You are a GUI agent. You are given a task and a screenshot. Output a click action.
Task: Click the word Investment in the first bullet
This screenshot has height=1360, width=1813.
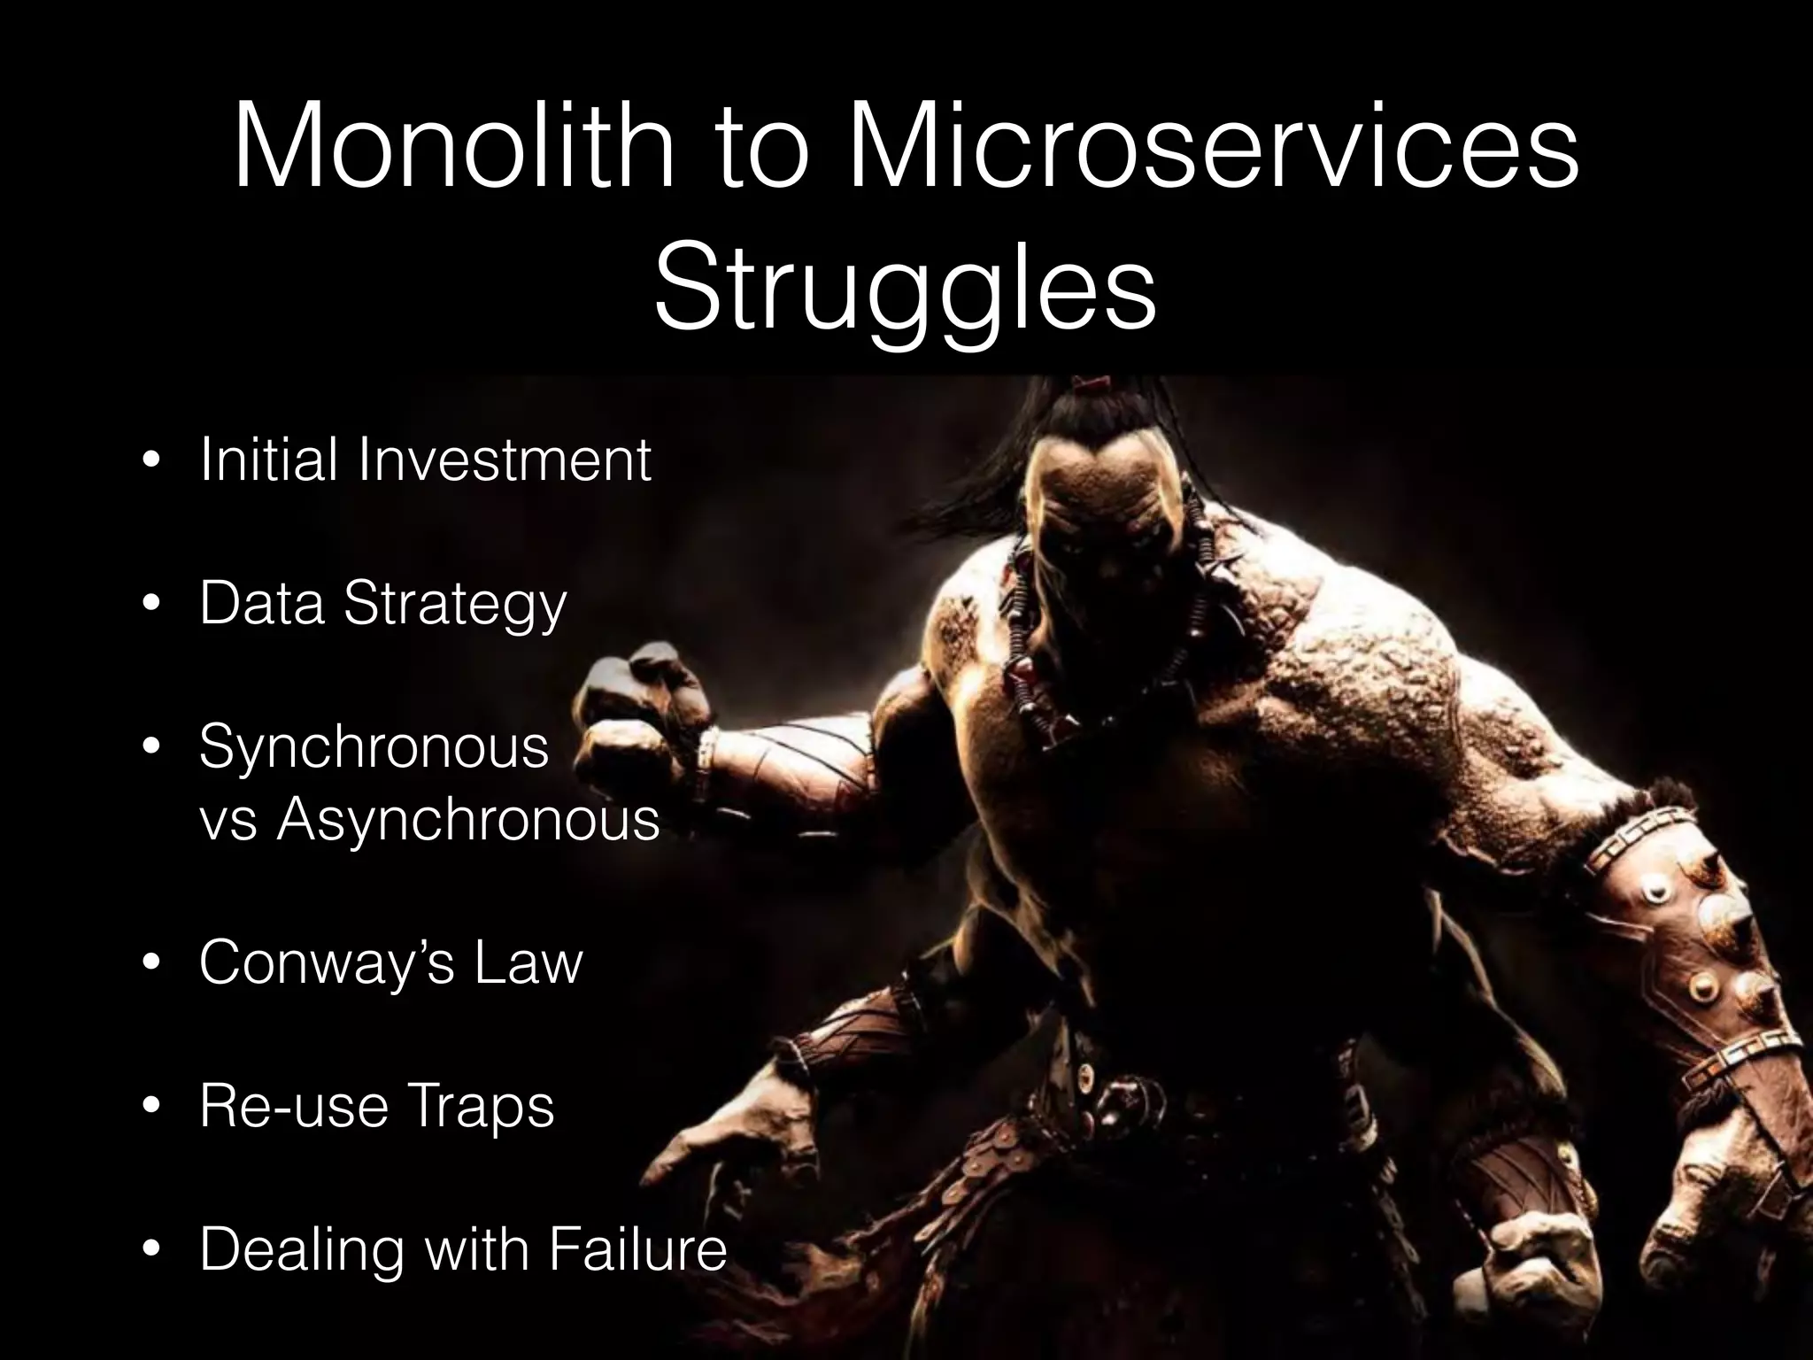(505, 460)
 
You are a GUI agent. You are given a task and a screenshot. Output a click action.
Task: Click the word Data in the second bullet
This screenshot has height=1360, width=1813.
(261, 604)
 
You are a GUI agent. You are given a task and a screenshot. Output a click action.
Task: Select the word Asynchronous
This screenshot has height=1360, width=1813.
(469, 820)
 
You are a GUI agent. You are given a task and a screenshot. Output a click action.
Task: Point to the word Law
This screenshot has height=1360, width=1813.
(528, 962)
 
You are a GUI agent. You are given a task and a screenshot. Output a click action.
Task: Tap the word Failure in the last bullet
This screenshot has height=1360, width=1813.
(637, 1249)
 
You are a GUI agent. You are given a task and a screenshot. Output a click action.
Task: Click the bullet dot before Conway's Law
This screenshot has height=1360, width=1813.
(152, 964)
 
